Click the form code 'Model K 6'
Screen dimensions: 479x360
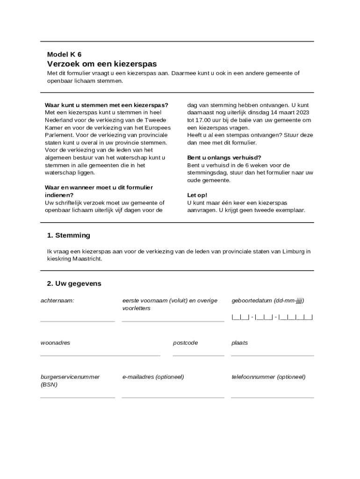[x=64, y=54]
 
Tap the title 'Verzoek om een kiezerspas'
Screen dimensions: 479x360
[x=102, y=64]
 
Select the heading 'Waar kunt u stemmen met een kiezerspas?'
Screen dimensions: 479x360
[x=106, y=105]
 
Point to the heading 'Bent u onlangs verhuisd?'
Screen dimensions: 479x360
[x=224, y=158]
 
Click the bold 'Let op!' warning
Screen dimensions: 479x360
[x=197, y=195]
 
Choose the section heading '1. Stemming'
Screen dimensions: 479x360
[x=68, y=235]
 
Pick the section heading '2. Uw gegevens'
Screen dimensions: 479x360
[x=74, y=283]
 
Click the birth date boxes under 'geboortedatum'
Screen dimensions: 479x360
[x=272, y=317]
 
